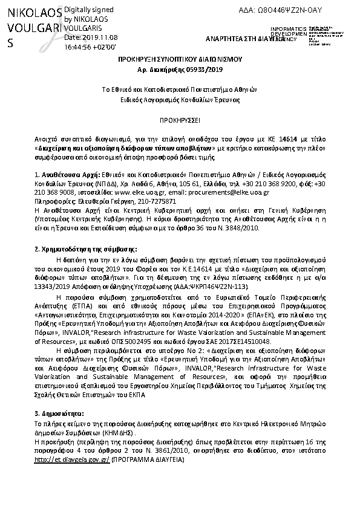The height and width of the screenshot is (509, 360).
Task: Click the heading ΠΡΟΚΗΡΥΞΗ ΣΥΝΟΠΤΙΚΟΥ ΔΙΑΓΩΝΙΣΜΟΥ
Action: point(180,61)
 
